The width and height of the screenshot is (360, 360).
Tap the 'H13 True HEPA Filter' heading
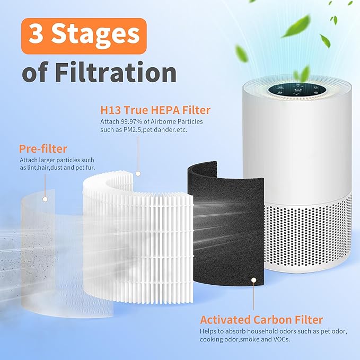[155, 111]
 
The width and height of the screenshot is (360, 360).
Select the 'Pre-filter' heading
[43, 148]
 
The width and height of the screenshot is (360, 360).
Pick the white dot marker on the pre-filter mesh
[45, 199]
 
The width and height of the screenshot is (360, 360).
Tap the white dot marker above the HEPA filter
[138, 173]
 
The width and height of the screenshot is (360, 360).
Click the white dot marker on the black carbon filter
[253, 279]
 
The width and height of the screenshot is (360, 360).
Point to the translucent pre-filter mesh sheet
[48, 233]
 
